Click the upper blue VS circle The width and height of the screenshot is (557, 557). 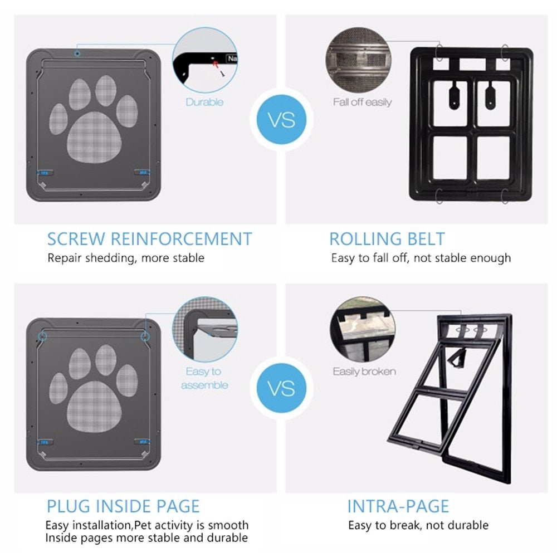point(282,120)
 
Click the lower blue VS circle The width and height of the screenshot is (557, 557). point(282,388)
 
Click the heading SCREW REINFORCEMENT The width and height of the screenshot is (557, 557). point(149,239)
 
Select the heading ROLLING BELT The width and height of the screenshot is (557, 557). point(387,239)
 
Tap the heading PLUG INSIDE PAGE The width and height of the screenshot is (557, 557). point(123,506)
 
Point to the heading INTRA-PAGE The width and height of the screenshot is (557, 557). point(398,506)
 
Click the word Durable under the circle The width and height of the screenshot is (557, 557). point(204,102)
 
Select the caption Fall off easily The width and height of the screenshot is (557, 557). point(362,102)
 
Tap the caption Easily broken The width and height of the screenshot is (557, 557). point(364,372)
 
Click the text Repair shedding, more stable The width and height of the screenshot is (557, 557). point(126,258)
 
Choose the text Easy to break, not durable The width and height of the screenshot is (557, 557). point(418,525)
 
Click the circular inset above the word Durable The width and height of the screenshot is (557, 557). point(204,59)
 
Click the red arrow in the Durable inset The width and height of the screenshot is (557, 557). point(217,63)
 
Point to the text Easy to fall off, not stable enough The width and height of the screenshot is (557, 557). point(421,258)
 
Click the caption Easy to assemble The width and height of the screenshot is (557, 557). point(204,378)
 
